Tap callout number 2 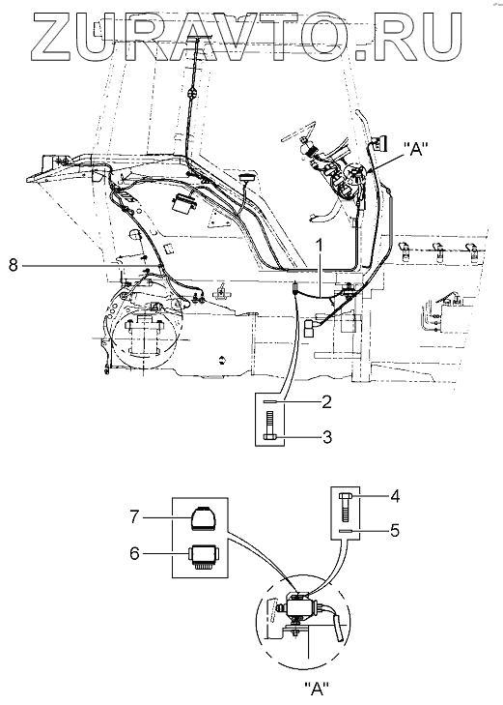tap(325, 402)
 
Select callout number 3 tap(326, 436)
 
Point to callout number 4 tap(395, 496)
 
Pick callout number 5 tap(395, 531)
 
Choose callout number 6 tap(134, 553)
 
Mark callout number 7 tap(135, 518)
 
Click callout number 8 tap(13, 266)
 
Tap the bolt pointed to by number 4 tap(345, 507)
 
